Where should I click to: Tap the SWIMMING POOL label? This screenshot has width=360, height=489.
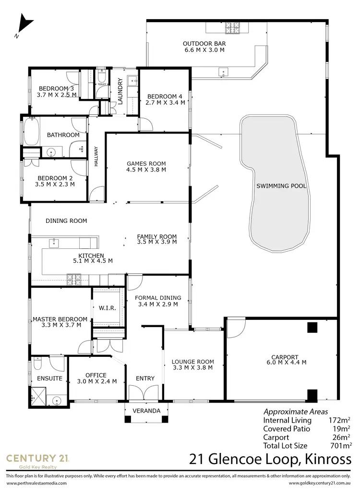[281, 186]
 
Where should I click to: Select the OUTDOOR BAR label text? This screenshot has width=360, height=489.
[204, 44]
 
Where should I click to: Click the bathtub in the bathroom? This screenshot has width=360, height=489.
[30, 131]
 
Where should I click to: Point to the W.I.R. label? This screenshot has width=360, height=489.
[108, 307]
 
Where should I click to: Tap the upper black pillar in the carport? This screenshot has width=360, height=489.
[312, 328]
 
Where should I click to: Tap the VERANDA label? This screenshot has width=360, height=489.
[146, 411]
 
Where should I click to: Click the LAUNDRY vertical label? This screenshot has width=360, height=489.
[120, 91]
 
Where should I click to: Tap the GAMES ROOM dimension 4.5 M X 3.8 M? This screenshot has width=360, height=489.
[146, 170]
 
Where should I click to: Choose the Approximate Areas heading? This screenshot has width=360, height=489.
[296, 412]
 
